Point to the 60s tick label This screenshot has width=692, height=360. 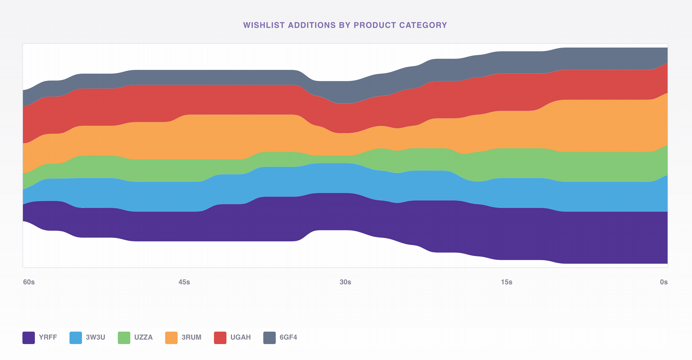[x=29, y=282]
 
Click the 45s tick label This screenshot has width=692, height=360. [x=184, y=282]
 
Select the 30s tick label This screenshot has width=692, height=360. [x=345, y=282]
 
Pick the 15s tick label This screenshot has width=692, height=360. [x=506, y=282]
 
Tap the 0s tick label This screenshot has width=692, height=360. [x=664, y=282]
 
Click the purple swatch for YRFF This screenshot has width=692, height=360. [x=28, y=337]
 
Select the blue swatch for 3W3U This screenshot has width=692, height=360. [x=75, y=337]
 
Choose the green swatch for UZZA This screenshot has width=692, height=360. [x=124, y=337]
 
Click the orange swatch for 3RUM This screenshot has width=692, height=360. [x=171, y=337]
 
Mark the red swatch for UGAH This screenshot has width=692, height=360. [x=220, y=337]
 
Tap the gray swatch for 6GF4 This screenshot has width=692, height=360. [x=269, y=337]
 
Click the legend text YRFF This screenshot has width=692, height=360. [x=48, y=337]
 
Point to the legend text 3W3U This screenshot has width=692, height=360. [x=95, y=337]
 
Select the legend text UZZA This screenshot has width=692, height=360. [x=143, y=337]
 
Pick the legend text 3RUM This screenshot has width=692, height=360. [x=191, y=337]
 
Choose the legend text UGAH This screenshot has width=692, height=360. [x=240, y=337]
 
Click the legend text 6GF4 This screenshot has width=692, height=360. [x=288, y=337]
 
